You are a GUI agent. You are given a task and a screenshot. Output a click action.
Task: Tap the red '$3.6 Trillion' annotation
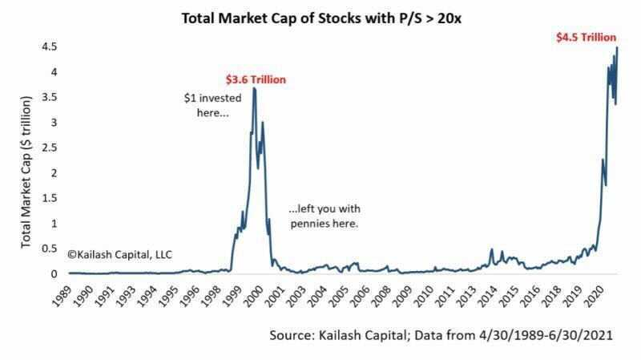(x=256, y=79)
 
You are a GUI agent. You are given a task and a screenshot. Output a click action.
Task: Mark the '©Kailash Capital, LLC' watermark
(x=121, y=253)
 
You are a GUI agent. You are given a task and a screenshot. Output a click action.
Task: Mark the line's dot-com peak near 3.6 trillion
(x=254, y=88)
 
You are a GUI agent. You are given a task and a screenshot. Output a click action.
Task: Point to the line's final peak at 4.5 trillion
(x=617, y=47)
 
